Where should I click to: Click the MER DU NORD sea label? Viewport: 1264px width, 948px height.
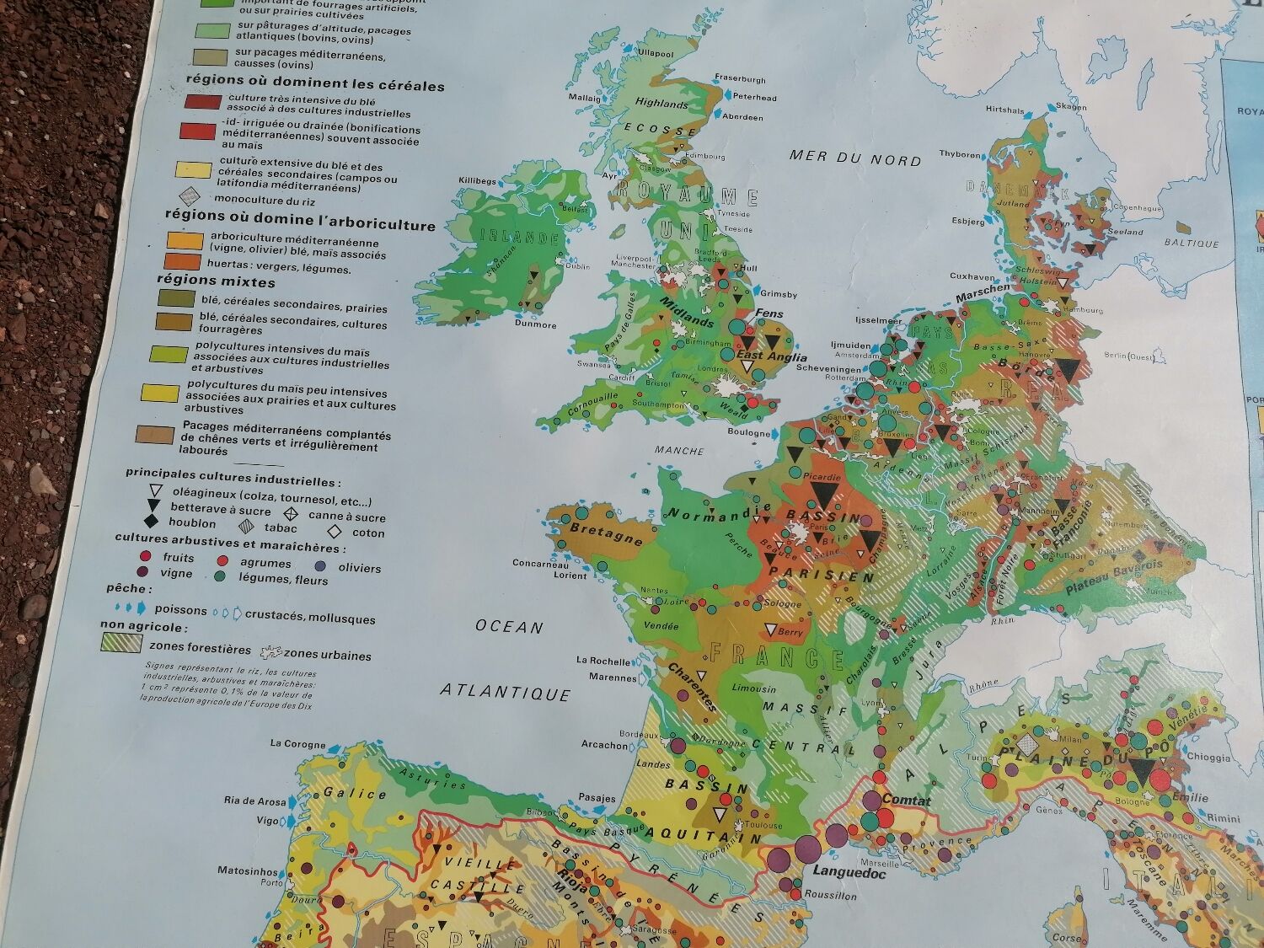(854, 158)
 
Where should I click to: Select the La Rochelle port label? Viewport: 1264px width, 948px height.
(604, 661)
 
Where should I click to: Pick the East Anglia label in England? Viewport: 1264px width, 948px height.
(767, 355)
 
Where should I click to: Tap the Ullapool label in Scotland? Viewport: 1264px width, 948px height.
(656, 53)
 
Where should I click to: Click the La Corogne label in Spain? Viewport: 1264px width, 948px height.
(297, 743)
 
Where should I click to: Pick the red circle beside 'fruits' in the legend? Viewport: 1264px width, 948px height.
(144, 556)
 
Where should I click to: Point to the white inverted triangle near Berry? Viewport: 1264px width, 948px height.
(770, 629)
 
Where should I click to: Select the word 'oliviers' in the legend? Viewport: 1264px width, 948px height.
(359, 568)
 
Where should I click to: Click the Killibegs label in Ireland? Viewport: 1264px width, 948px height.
(477, 180)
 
